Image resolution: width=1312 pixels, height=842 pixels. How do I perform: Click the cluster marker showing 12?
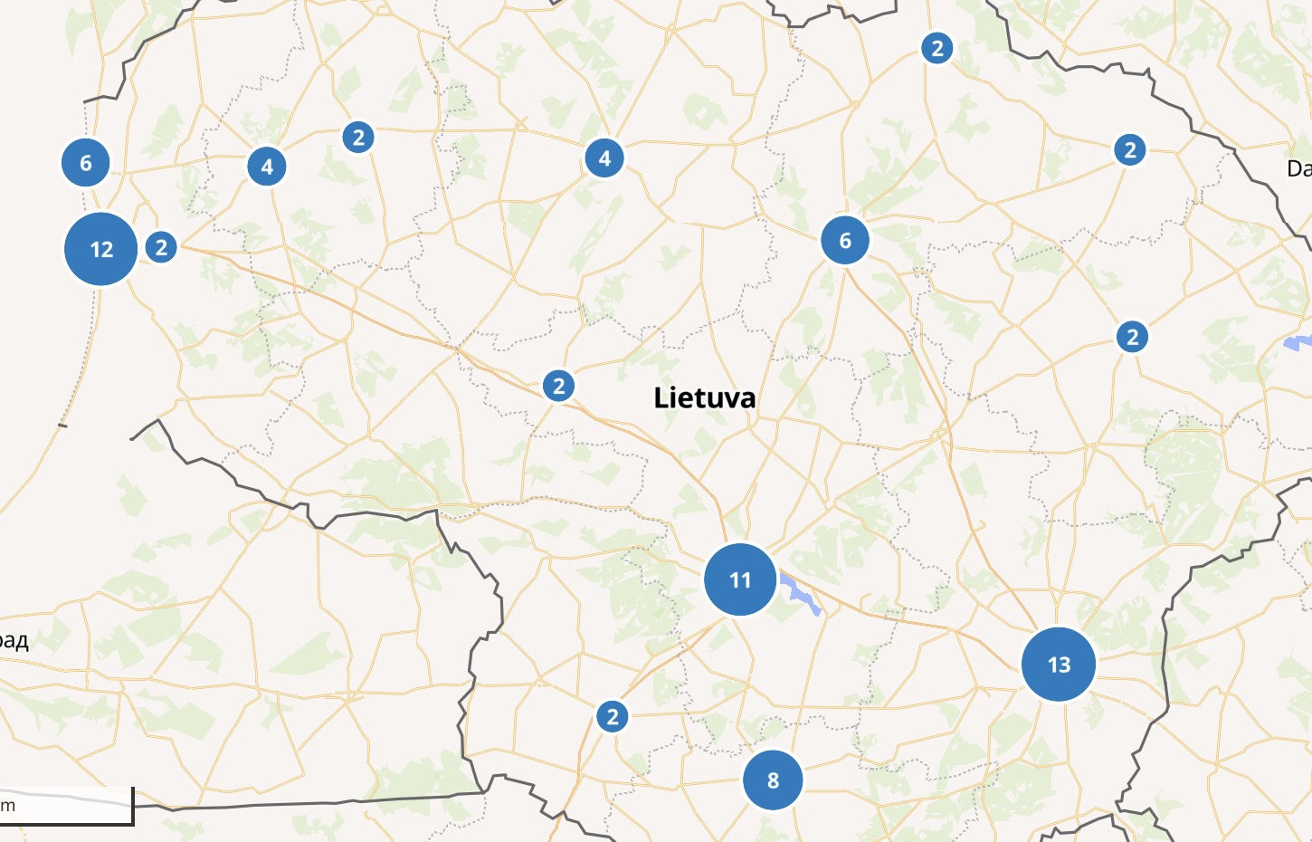[101, 249]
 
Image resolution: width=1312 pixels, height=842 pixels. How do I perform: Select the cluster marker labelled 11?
[740, 579]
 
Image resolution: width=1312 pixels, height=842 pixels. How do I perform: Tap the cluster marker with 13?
[1059, 665]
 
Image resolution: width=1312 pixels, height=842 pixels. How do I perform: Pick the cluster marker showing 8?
[773, 780]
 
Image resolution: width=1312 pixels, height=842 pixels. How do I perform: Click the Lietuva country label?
[705, 397]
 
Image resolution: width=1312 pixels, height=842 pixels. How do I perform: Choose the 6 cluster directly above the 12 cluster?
[86, 163]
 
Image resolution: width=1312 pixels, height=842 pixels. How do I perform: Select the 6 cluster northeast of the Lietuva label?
[845, 241]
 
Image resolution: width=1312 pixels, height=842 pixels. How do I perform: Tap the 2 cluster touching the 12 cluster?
[161, 247]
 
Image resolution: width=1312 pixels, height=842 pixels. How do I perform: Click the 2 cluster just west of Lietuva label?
[559, 387]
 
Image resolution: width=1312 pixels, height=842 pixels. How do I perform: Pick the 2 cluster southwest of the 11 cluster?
[613, 717]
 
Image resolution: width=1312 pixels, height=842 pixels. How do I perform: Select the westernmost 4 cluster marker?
[267, 167]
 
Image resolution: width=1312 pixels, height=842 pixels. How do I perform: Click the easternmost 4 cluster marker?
[604, 158]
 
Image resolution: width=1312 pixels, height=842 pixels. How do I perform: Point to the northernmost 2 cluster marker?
[937, 48]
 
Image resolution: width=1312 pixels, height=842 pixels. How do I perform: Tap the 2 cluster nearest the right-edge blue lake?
[1132, 338]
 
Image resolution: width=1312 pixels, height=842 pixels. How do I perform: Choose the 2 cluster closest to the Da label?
[1129, 150]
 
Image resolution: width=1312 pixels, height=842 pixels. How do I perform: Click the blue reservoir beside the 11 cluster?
[802, 594]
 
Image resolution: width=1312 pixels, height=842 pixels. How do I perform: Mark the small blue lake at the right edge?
[1298, 343]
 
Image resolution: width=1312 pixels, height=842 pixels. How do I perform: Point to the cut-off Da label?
[1299, 168]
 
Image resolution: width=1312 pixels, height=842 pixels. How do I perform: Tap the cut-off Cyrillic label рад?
[14, 641]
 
